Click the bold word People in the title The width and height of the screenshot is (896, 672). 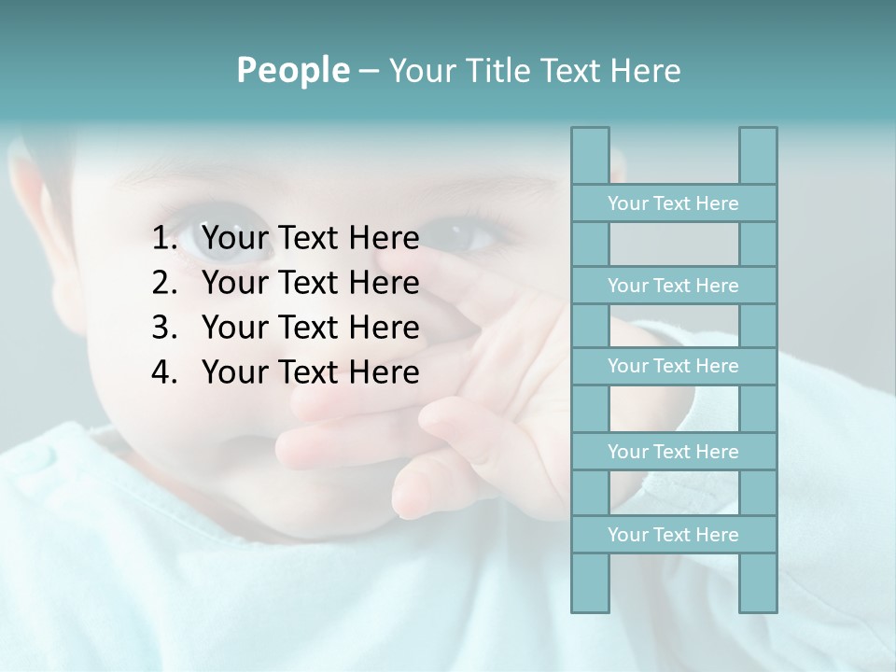(x=293, y=70)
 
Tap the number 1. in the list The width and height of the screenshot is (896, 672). (x=164, y=239)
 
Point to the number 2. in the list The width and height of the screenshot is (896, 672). (x=164, y=283)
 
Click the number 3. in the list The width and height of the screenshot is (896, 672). (x=164, y=328)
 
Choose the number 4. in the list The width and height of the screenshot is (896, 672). (x=164, y=372)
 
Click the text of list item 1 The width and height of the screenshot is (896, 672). (x=310, y=239)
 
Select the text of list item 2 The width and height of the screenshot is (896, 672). (x=310, y=283)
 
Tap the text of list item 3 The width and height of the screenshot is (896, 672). (x=310, y=328)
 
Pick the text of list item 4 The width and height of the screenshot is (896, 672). (x=310, y=372)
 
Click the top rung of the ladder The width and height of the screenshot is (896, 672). (x=673, y=203)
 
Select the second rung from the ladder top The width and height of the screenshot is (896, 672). (x=673, y=286)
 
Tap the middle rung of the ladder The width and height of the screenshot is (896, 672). (x=673, y=366)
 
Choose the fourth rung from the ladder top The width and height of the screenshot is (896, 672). (x=673, y=452)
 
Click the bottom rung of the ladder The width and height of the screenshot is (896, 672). (x=673, y=535)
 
